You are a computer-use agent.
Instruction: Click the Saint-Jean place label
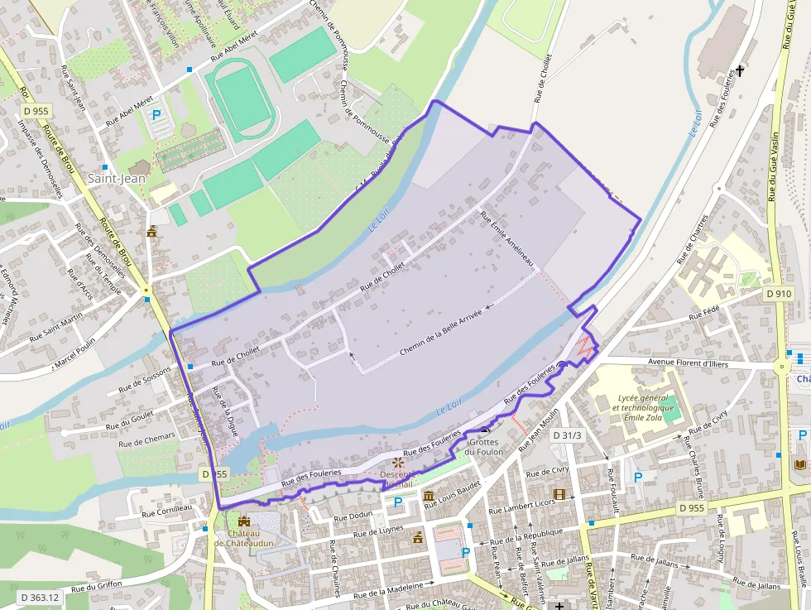click(117, 178)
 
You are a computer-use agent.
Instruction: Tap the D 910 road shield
click(779, 293)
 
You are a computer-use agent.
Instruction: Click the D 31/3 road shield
click(567, 435)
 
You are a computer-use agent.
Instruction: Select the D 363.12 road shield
click(40, 597)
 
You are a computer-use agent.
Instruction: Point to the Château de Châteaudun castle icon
click(243, 521)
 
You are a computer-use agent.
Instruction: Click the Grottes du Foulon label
click(483, 447)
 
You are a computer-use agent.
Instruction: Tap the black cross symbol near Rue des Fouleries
click(740, 70)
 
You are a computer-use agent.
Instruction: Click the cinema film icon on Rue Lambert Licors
click(559, 494)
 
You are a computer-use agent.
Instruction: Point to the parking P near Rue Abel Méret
click(156, 116)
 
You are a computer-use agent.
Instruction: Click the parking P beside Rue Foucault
click(637, 477)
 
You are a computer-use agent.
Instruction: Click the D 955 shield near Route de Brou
click(36, 110)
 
